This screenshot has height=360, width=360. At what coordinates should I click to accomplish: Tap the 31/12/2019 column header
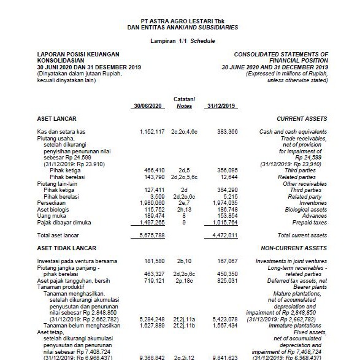click(x=221, y=105)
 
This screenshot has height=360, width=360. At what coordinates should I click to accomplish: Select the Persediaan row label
click(x=52, y=202)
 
